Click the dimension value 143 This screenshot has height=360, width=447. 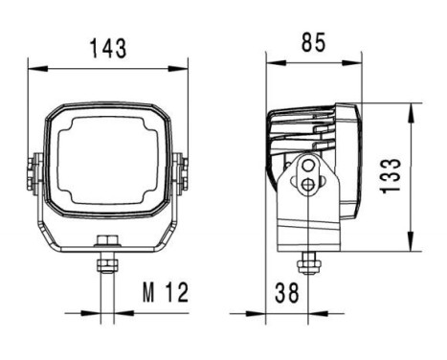107,47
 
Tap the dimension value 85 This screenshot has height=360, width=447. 313,42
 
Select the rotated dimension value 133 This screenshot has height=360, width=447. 391,176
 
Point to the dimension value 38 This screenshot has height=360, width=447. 286,291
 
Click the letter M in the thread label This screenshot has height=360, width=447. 147,291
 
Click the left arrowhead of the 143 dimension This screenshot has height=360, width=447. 33,67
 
